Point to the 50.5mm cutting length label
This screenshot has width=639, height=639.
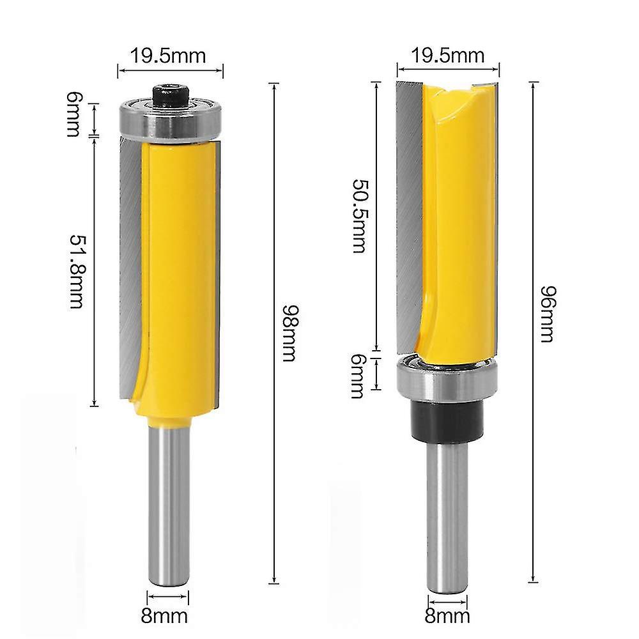tap(360, 217)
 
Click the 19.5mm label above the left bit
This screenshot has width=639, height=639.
tap(169, 56)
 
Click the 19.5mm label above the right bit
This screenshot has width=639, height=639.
tap(447, 56)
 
